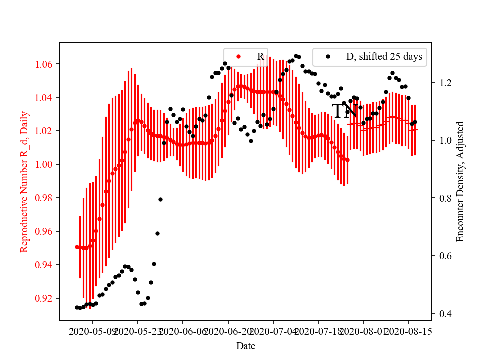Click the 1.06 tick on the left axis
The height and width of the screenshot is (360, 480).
click(x=47, y=64)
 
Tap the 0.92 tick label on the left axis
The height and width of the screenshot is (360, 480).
click(x=47, y=298)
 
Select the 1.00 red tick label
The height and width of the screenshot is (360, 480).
click(x=47, y=164)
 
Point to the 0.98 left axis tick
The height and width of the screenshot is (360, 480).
click(x=47, y=198)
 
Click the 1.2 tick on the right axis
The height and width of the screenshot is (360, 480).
click(x=442, y=83)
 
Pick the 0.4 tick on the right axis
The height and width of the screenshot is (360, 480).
click(x=442, y=314)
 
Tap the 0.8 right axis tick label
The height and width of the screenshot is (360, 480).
click(x=442, y=198)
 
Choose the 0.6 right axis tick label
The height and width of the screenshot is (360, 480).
click(x=442, y=256)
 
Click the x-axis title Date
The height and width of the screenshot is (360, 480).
click(x=246, y=346)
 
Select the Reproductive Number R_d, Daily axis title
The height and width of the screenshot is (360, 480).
click(x=24, y=181)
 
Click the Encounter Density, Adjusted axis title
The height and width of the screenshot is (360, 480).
click(x=460, y=181)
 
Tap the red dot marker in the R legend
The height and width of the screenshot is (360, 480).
click(x=238, y=57)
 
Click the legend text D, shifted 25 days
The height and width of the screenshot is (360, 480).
click(x=384, y=57)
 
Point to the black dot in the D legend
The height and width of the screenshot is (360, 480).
click(x=328, y=57)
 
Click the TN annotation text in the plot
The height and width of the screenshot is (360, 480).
click(x=344, y=111)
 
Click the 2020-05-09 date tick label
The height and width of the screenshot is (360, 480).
click(x=93, y=331)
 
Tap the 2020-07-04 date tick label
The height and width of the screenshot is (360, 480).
click(x=273, y=331)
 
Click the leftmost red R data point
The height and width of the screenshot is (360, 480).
click(x=77, y=247)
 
